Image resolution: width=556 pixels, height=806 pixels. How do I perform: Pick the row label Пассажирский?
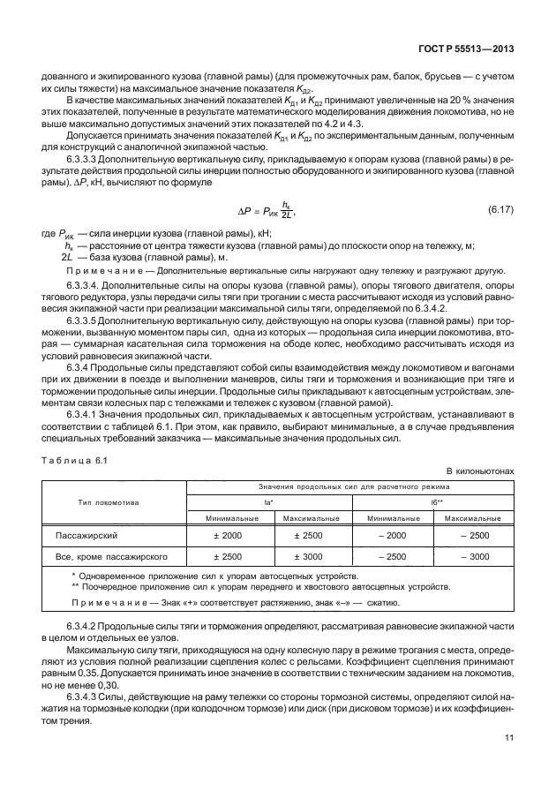click(86, 535)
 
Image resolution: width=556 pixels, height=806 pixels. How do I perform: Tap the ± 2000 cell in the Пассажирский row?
click(227, 535)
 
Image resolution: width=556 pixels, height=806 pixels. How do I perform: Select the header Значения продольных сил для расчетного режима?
click(353, 486)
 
